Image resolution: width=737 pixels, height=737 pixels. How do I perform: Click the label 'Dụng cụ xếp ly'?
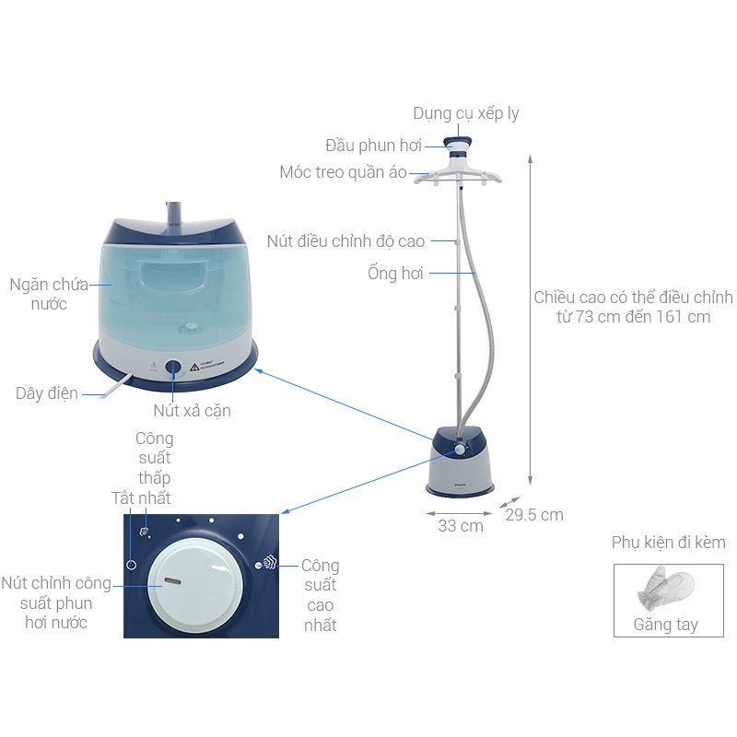(x=466, y=113)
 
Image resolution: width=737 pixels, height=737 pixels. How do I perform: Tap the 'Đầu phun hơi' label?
(x=373, y=146)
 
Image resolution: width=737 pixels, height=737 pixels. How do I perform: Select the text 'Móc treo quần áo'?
(x=343, y=172)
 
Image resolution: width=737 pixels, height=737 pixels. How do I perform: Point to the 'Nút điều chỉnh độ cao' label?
(x=346, y=241)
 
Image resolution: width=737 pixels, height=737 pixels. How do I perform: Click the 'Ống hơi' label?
(x=395, y=273)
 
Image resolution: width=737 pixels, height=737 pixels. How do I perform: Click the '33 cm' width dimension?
(x=461, y=526)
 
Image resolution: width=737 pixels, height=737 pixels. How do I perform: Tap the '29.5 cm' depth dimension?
(x=534, y=515)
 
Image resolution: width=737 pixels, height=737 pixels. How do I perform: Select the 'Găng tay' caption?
(x=665, y=625)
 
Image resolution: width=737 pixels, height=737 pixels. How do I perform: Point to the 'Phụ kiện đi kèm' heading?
(x=669, y=543)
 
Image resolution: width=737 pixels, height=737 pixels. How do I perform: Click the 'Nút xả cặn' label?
(x=192, y=411)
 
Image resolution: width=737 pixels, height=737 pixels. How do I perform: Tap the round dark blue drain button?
(x=173, y=368)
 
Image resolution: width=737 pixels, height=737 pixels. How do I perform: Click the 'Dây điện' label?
(x=47, y=393)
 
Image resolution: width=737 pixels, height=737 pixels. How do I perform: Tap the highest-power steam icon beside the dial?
(x=270, y=563)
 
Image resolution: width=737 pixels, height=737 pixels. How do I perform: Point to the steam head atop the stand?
(x=457, y=149)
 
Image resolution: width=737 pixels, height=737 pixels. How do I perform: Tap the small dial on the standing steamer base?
(x=460, y=450)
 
